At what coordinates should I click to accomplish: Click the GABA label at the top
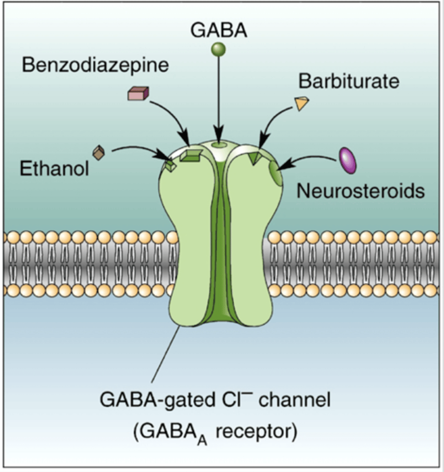tap(218, 30)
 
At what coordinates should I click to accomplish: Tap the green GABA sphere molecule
tap(218, 50)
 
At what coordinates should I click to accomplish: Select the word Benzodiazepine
tap(95, 65)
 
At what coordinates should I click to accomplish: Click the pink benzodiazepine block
tap(138, 94)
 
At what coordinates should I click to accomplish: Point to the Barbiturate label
tap(349, 81)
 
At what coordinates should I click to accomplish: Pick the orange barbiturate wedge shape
tap(301, 103)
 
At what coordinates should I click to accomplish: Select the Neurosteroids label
tap(360, 191)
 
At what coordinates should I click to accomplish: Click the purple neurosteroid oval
tap(348, 160)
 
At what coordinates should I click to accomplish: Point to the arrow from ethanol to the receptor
tap(138, 150)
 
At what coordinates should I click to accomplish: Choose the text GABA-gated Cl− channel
tap(215, 400)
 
